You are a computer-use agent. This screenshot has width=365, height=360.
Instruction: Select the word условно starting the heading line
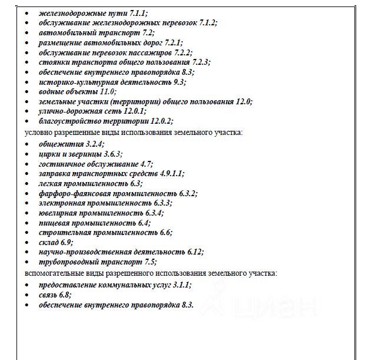[37, 133]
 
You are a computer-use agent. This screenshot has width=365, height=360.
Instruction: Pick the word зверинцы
[81, 153]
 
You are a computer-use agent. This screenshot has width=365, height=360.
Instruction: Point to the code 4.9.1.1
[171, 173]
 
